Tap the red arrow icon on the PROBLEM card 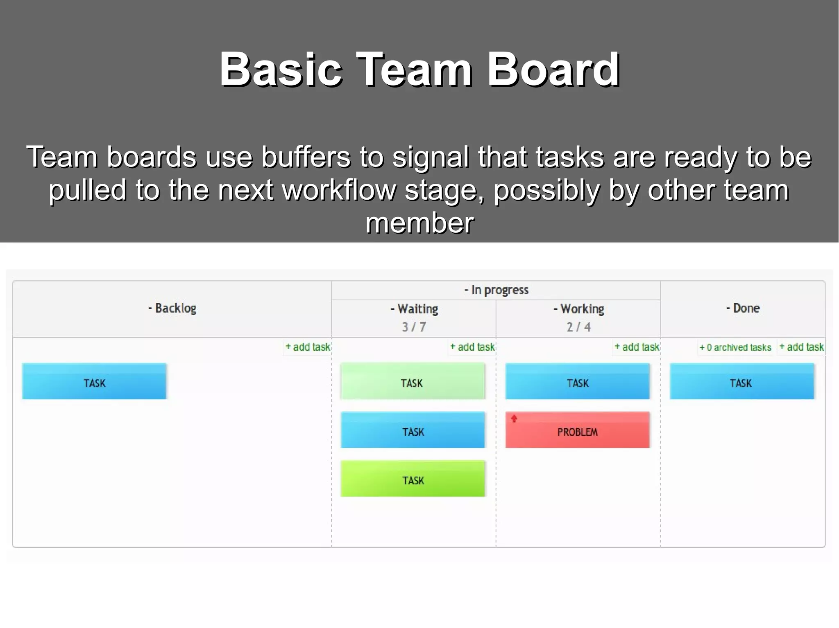[514, 419]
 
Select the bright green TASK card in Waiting [413, 479]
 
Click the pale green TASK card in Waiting [413, 381]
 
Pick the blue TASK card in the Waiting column [413, 430]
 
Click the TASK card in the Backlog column [94, 381]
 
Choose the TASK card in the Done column [741, 381]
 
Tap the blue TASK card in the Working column [577, 381]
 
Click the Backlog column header [172, 308]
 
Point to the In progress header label [497, 290]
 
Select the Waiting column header [415, 309]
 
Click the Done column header [743, 308]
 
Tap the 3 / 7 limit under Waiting [414, 327]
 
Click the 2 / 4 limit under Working [578, 327]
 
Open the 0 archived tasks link [735, 348]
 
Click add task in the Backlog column [308, 347]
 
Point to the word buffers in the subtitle [306, 157]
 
